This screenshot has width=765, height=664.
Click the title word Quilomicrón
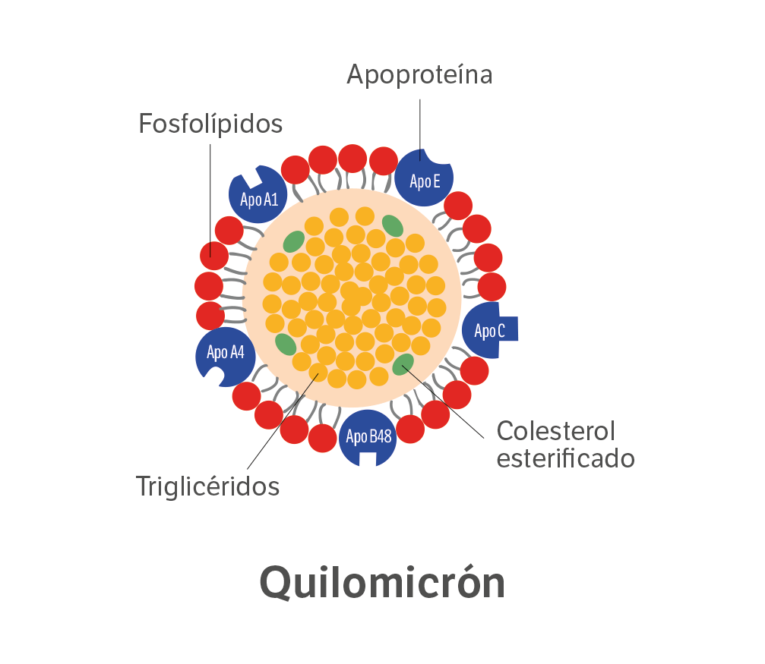point(382,582)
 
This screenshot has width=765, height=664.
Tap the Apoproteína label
point(419,74)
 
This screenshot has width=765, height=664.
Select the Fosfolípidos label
point(210,124)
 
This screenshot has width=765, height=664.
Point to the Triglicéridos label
point(208,486)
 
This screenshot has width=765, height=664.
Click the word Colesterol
point(555,431)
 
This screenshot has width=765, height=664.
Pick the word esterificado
point(565,459)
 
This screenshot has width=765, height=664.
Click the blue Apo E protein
point(424,178)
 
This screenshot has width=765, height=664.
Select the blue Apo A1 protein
point(258,194)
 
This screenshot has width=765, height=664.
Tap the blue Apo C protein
point(490,330)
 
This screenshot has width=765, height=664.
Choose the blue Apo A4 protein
point(226,357)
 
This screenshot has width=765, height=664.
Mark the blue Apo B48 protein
point(368,438)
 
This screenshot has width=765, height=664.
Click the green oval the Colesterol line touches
point(403,365)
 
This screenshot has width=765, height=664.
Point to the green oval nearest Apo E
point(393,225)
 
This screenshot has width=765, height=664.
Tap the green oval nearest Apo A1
point(294,242)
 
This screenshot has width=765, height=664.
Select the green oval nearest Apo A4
point(286,345)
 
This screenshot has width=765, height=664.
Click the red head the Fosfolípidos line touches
point(214,256)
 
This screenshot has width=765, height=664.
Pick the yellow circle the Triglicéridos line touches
point(318,373)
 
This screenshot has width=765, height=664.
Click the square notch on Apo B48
point(368,459)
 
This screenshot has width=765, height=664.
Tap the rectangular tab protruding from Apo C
point(508,329)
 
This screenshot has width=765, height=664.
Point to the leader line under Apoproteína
point(420,130)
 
